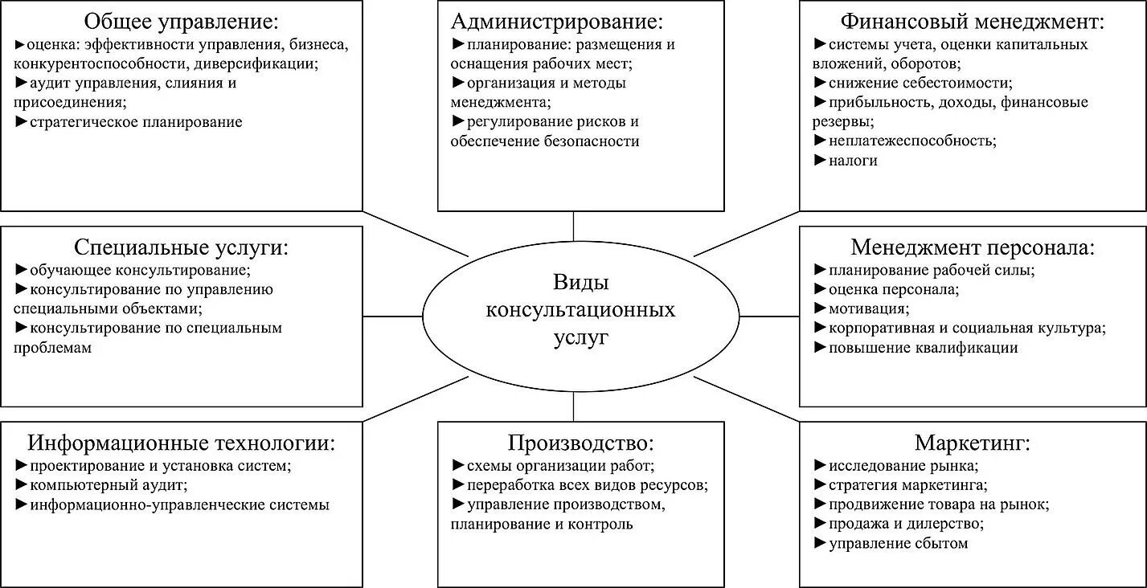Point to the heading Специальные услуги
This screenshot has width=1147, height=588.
[x=181, y=247]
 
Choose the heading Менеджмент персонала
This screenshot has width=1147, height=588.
[x=973, y=247]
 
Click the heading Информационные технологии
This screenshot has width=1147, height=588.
[x=181, y=443]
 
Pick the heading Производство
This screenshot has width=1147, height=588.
[x=580, y=443]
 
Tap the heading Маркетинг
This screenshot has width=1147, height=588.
[x=973, y=443]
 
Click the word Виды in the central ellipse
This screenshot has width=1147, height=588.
[x=580, y=282]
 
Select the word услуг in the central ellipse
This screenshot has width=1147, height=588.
[x=580, y=337]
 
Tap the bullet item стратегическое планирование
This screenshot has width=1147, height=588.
[x=135, y=122]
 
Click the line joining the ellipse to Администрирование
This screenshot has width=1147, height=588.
[x=573, y=227]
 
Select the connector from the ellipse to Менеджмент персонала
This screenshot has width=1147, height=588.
[x=768, y=316]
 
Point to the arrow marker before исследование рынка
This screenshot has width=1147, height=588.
[x=820, y=466]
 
